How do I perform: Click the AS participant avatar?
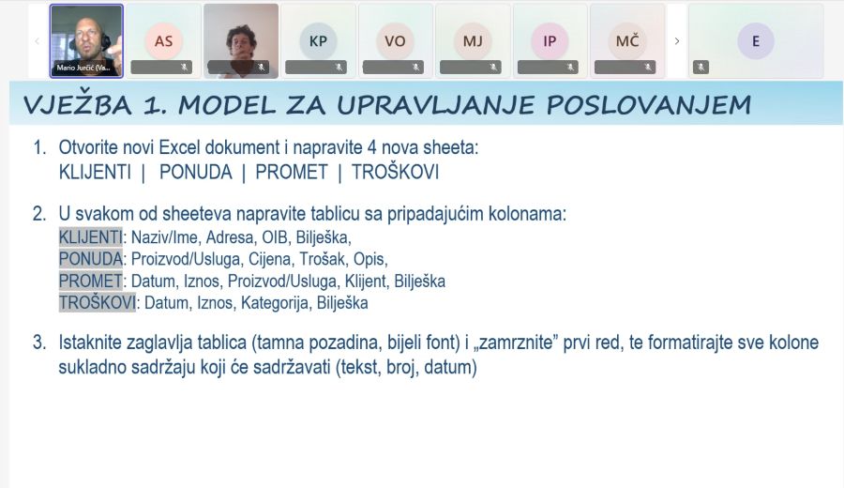click(x=163, y=41)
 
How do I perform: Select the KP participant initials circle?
click(x=318, y=41)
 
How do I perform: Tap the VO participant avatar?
click(x=395, y=41)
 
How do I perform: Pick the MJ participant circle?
click(x=473, y=41)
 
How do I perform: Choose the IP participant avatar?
click(x=550, y=41)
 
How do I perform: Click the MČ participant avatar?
click(x=627, y=41)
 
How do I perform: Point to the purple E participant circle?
click(x=756, y=41)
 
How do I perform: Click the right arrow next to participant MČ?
click(x=677, y=41)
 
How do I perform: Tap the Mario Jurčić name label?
click(x=83, y=68)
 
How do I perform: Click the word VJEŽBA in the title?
click(x=78, y=105)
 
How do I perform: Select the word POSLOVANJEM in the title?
click(x=649, y=105)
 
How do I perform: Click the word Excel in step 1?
click(x=180, y=147)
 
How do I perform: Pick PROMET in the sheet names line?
click(x=292, y=173)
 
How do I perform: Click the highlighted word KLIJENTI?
click(x=90, y=237)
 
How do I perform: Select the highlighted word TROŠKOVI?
click(x=97, y=303)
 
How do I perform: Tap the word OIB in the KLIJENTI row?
click(x=275, y=237)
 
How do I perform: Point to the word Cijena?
click(x=270, y=259)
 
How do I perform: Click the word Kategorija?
click(x=275, y=303)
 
